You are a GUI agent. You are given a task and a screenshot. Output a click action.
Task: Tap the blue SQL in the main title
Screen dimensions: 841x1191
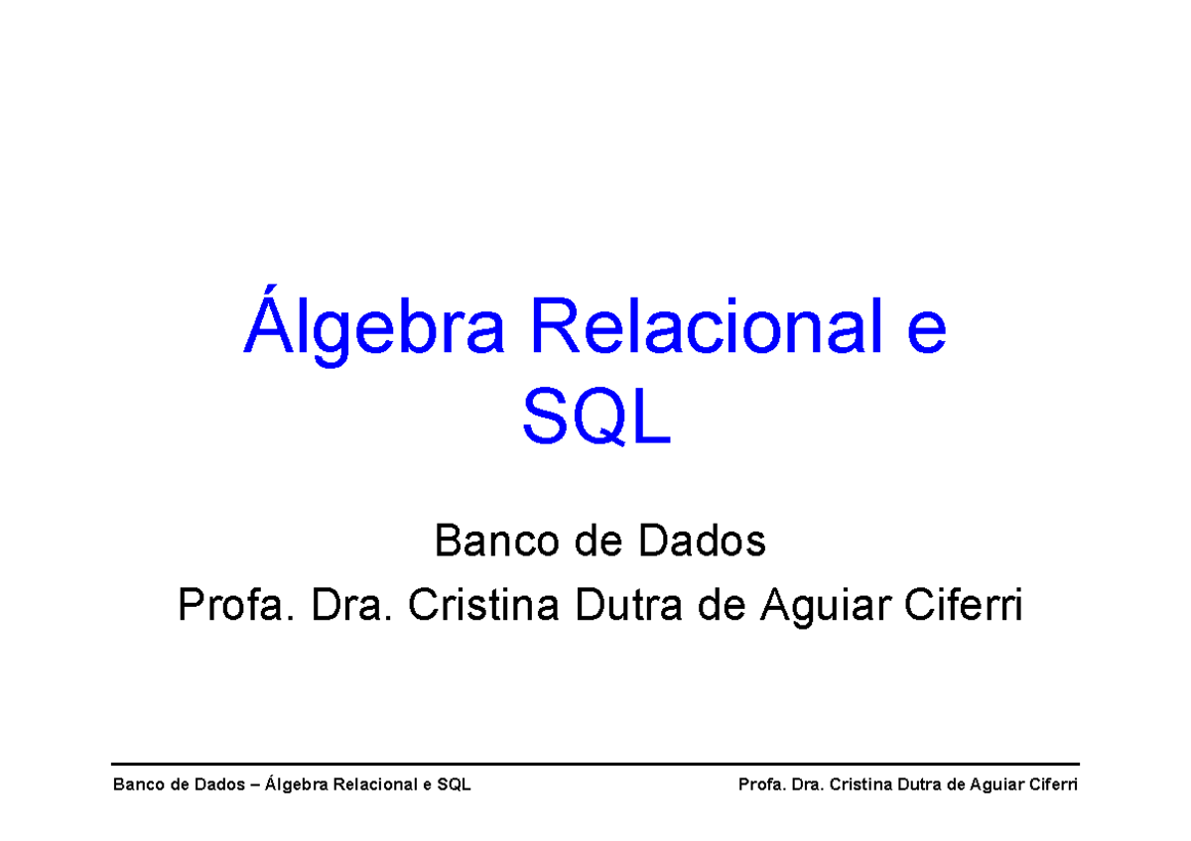pos(596,420)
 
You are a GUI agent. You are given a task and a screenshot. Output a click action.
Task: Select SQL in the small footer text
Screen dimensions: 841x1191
pos(454,785)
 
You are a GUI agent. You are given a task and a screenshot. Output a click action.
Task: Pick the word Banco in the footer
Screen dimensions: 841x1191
pos(137,785)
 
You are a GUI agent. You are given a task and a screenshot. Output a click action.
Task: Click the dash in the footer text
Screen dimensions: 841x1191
pos(258,785)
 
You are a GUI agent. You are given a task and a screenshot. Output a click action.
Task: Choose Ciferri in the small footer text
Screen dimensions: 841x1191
pos(1055,785)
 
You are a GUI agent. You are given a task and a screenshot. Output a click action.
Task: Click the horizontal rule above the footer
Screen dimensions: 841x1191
pos(595,764)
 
